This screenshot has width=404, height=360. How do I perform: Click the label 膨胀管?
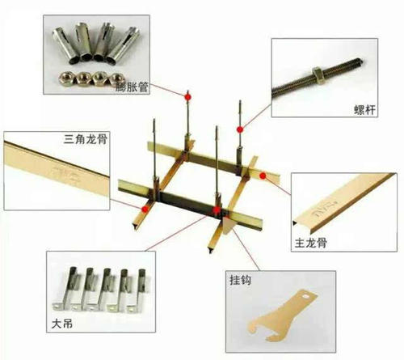(132, 87)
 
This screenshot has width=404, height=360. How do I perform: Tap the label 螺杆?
(364, 110)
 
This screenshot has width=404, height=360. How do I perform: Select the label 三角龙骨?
(86, 139)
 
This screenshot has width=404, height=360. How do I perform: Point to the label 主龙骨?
(311, 243)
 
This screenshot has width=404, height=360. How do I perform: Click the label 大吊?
(62, 324)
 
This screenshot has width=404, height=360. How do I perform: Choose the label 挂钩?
(240, 280)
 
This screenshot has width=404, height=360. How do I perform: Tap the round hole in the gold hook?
(305, 296)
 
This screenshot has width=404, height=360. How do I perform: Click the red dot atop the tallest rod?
(187, 96)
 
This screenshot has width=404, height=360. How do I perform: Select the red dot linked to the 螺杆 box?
(240, 129)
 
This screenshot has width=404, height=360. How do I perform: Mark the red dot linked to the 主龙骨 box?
(263, 176)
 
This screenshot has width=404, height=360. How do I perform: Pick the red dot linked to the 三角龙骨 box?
(145, 209)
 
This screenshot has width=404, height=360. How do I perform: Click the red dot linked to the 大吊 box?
(217, 210)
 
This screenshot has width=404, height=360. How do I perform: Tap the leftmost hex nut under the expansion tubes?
(65, 78)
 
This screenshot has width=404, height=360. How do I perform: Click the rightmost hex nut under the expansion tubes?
(116, 78)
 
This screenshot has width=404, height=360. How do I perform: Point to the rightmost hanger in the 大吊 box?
(137, 291)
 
